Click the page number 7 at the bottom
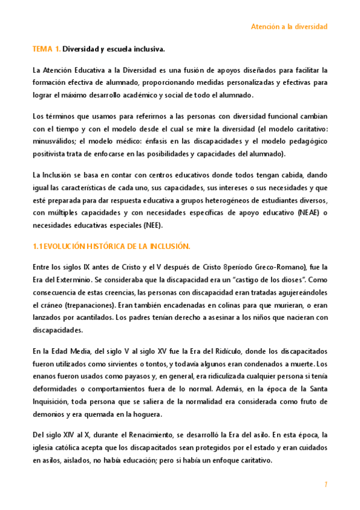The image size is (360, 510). coord(325,484)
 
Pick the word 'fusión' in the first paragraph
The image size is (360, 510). coord(178,70)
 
